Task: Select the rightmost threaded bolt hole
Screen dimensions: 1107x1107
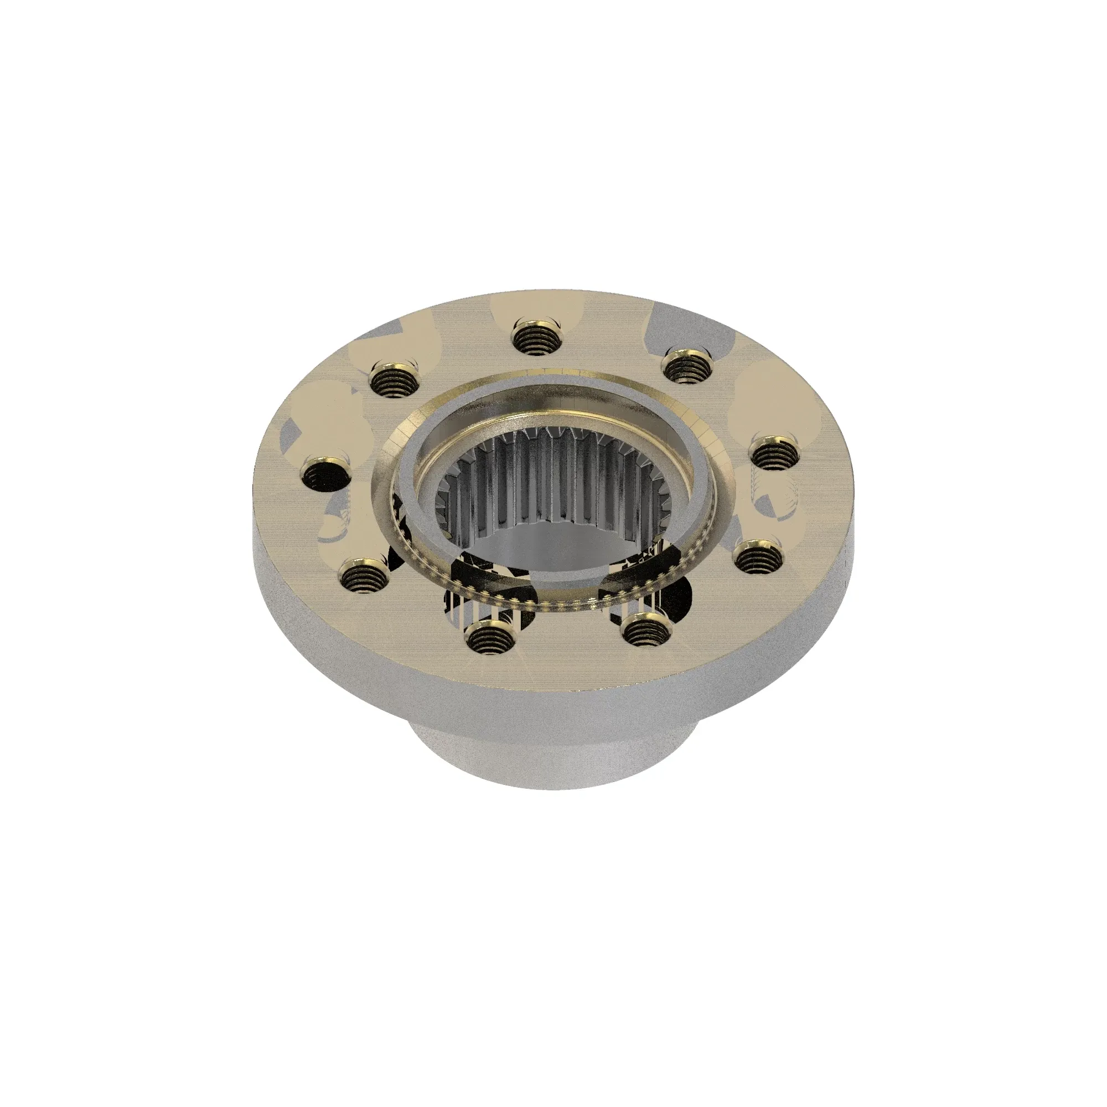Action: (x=775, y=455)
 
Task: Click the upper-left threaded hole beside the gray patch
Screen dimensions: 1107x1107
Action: (x=394, y=379)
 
